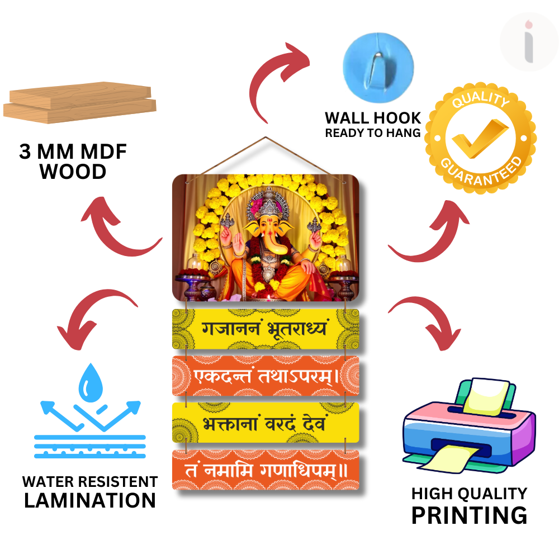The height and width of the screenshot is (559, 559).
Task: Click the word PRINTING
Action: tap(469, 514)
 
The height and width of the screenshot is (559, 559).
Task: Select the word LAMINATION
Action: tap(90, 500)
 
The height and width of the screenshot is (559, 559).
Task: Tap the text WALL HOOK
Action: tap(373, 118)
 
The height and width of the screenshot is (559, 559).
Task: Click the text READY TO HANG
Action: tap(373, 133)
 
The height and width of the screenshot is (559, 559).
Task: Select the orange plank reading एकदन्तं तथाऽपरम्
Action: tap(266, 376)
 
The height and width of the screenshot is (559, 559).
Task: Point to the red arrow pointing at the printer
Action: tap(422, 321)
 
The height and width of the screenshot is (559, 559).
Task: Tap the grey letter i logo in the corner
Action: tap(529, 43)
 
